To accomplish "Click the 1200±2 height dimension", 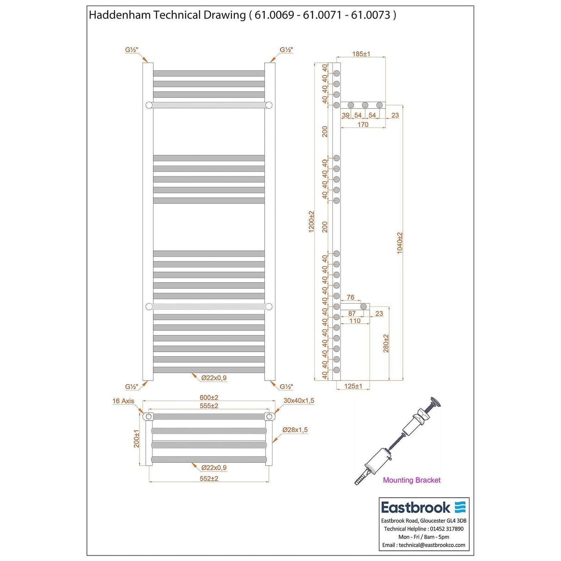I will point(311,221).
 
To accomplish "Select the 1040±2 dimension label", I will point(400,243).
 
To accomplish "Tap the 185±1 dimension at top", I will point(361,54).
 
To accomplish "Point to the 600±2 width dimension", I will point(209,397).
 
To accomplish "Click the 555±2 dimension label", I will point(209,406).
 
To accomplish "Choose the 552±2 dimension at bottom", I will point(209,479).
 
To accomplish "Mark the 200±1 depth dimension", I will point(136,439).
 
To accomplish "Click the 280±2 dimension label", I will point(386,343).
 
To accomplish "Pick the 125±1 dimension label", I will point(353,386).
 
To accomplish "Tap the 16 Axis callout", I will point(123,401).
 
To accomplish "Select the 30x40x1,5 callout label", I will point(299,401).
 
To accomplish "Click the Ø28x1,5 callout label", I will point(296,430).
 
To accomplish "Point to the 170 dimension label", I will point(363,125).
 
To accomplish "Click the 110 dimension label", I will point(355,321).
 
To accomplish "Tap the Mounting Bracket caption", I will point(412,480).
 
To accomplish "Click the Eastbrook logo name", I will point(415,508).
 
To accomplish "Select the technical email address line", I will point(424,545).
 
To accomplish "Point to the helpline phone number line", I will point(424,529).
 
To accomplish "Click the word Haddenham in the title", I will point(119,15).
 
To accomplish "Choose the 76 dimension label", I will point(350,298).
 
